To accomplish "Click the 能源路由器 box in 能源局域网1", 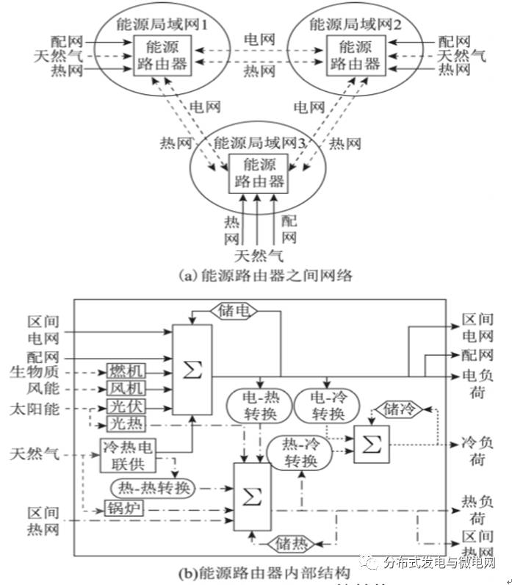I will pyautogui.click(x=162, y=55).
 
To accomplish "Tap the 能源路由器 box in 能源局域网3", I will pyautogui.click(x=256, y=173).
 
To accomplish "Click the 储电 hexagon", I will pyautogui.click(x=235, y=310).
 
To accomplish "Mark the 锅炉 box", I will pyautogui.click(x=121, y=509).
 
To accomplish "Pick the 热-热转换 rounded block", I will pyautogui.click(x=153, y=487).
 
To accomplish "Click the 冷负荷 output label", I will pyautogui.click(x=477, y=451).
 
